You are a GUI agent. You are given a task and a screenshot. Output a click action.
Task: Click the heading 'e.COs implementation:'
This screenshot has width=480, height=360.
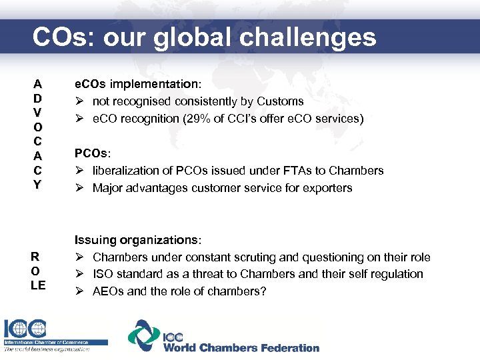pyautogui.click(x=137, y=85)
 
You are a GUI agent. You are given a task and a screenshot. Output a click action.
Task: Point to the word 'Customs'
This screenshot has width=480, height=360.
pyautogui.click(x=282, y=101)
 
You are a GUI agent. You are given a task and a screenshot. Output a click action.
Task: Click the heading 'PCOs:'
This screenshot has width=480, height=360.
pyautogui.click(x=92, y=154)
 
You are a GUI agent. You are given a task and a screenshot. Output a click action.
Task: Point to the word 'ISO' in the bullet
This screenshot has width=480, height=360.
pyautogui.click(x=103, y=274)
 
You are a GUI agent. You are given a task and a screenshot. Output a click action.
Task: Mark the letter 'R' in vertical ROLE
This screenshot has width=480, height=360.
pyautogui.click(x=38, y=257)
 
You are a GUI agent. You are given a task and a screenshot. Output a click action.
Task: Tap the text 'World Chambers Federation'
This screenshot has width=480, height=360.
pyautogui.click(x=241, y=347)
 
